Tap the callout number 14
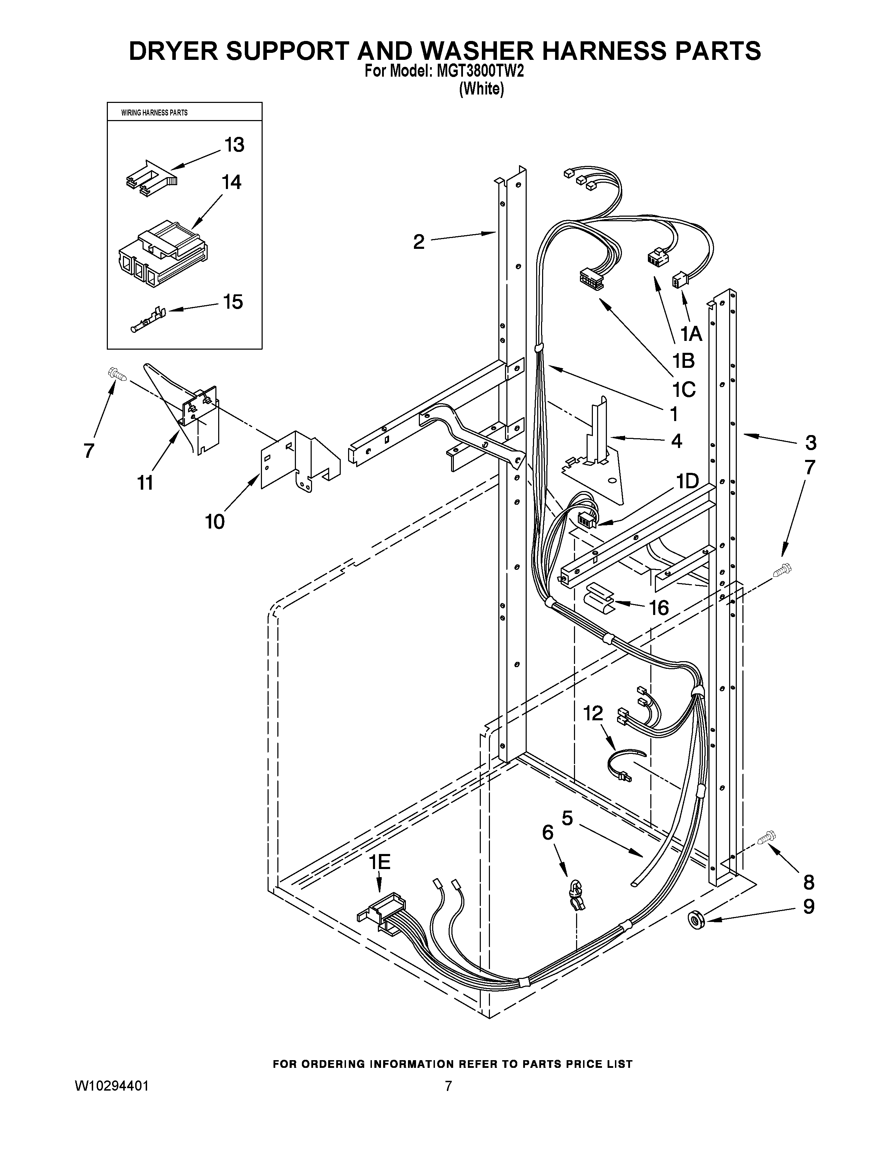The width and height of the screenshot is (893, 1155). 231,182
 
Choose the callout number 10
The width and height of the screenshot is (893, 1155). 215,522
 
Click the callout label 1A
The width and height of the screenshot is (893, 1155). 690,334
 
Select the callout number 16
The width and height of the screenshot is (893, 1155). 659,608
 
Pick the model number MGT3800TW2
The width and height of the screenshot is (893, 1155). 480,72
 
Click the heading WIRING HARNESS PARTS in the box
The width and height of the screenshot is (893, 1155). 154,113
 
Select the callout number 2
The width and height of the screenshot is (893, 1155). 418,242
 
